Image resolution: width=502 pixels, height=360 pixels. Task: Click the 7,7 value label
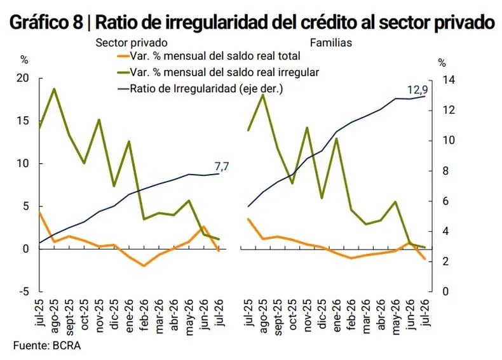tap(222, 166)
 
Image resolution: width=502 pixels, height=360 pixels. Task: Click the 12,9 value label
tap(417, 90)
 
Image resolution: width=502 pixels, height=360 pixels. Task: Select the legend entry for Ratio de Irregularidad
tap(200, 89)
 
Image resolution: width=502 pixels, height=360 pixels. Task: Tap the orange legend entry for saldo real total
tap(208, 56)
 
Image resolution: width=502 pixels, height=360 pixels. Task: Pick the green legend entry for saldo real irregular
tap(219, 72)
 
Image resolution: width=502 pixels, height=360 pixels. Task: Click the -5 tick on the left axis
tap(24, 291)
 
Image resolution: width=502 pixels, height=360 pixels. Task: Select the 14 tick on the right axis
tap(448, 79)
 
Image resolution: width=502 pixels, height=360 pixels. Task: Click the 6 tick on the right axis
tap(445, 201)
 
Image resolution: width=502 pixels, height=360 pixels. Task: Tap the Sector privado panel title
tap(132, 43)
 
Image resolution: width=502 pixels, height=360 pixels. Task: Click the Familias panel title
tap(331, 43)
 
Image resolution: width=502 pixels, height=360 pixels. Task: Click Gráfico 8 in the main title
tap(46, 22)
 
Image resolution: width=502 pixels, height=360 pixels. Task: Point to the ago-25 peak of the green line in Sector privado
tap(55, 89)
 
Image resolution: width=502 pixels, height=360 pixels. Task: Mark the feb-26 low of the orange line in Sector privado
tap(144, 265)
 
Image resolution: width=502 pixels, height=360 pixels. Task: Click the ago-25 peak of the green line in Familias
tap(263, 95)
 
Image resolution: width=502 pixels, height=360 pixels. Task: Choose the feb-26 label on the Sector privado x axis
tap(144, 312)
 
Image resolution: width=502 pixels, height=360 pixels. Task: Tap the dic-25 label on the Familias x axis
tap(322, 313)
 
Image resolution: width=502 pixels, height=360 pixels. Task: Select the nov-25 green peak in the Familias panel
tap(307, 128)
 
